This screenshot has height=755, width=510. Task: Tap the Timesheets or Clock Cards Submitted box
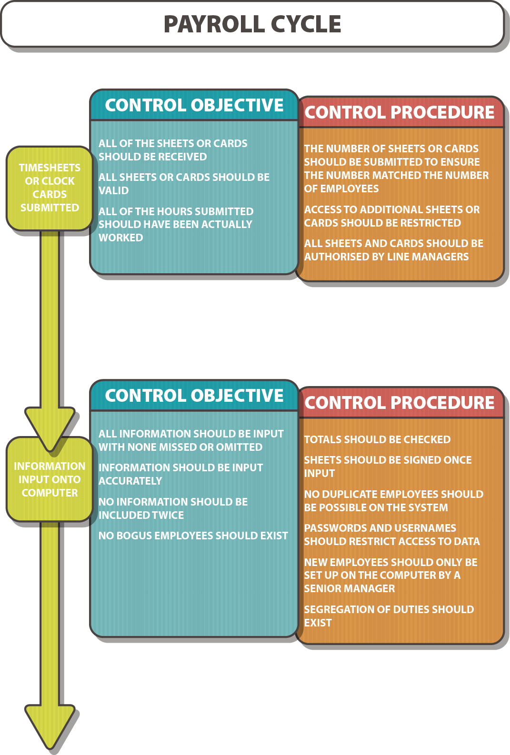coord(50,188)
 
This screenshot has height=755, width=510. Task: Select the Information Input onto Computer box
coord(50,480)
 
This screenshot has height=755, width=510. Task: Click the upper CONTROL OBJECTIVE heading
coord(194,106)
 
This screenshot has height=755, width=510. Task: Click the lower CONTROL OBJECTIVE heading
coord(194,396)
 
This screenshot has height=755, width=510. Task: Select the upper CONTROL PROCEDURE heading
coord(400,113)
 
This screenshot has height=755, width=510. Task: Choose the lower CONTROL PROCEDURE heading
coord(400,403)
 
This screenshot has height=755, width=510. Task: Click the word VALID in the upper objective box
coord(114,191)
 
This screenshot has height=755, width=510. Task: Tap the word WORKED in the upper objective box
coord(120,238)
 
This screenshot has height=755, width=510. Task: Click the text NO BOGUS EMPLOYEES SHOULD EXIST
coord(193,536)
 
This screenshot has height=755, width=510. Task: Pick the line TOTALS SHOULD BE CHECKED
coord(377,440)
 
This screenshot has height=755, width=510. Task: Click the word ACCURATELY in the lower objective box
coord(130,481)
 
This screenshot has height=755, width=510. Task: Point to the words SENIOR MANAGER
coord(350,589)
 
